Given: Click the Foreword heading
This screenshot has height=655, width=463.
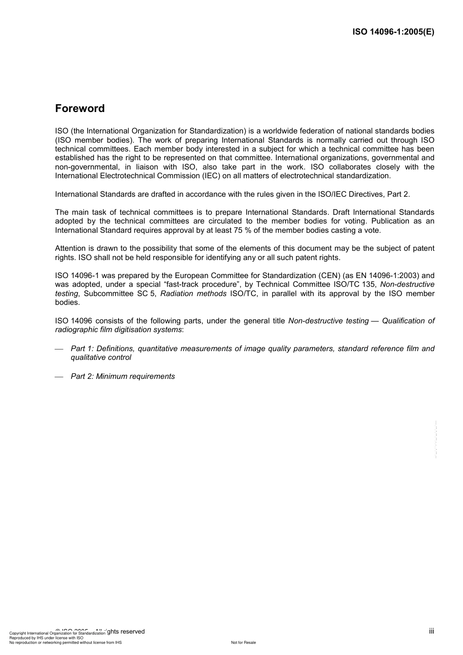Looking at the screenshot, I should (x=80, y=109).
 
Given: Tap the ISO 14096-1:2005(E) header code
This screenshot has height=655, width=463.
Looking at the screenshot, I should (x=393, y=32).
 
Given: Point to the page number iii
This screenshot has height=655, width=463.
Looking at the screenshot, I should (x=431, y=631).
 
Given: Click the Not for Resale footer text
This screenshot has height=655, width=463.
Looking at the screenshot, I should (x=243, y=642).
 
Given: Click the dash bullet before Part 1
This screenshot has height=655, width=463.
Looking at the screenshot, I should (x=59, y=349).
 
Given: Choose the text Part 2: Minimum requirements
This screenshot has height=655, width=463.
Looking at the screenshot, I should (x=123, y=376).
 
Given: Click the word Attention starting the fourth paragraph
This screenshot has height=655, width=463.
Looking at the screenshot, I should (x=70, y=248).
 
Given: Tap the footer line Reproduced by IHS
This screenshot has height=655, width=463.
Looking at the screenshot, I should (x=46, y=638).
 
